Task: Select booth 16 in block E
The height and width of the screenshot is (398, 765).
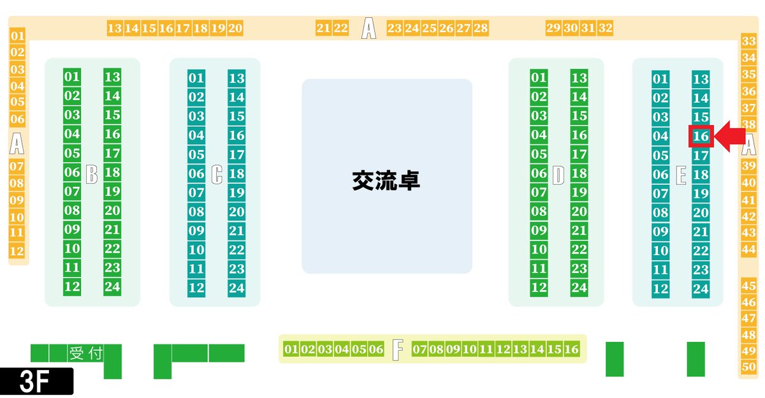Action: click(x=701, y=136)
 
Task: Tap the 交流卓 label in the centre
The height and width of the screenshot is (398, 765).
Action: click(x=386, y=181)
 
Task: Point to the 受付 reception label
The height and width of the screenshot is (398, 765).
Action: click(x=85, y=353)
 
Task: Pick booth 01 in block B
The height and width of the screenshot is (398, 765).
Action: click(x=72, y=77)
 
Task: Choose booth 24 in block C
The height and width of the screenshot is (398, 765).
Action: click(x=237, y=288)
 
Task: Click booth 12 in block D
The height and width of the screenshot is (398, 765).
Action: click(x=539, y=287)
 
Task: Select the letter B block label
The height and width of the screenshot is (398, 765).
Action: click(x=92, y=173)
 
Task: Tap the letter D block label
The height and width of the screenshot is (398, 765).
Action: click(x=558, y=174)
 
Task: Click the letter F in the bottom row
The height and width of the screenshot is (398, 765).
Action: click(x=398, y=349)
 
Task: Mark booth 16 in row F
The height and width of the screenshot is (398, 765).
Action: click(x=571, y=349)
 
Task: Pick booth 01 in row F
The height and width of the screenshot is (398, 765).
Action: click(x=291, y=349)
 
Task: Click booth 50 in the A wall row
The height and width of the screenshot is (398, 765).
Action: click(x=749, y=367)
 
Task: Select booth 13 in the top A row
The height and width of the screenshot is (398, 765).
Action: click(x=115, y=28)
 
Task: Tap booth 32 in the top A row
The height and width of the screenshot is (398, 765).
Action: click(x=606, y=28)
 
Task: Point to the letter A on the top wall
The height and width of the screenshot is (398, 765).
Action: click(x=368, y=28)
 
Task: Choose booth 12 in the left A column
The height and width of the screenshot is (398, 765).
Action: click(x=17, y=251)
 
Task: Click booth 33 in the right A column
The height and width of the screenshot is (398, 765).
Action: click(x=749, y=41)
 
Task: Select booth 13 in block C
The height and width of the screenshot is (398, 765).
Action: click(x=237, y=78)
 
